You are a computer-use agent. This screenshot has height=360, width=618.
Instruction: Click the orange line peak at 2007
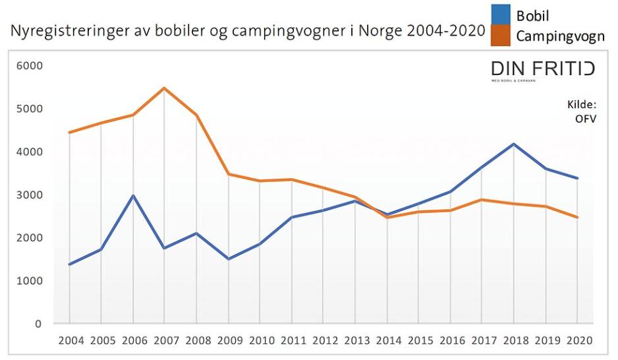pyautogui.click(x=165, y=88)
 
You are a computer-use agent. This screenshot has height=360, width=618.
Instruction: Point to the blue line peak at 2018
pyautogui.click(x=513, y=144)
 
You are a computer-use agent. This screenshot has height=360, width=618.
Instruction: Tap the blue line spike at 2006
pyautogui.click(x=133, y=196)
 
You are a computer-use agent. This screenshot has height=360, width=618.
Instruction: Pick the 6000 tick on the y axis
pyautogui.click(x=29, y=66)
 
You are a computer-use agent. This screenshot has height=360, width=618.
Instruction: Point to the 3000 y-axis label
pyautogui.click(x=29, y=195)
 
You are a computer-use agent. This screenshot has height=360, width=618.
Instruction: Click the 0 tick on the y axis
pyautogui.click(x=38, y=324)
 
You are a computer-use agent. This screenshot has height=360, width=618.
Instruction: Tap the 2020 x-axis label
pyautogui.click(x=578, y=341)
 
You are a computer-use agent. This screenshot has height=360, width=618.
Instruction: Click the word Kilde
pyautogui.click(x=581, y=105)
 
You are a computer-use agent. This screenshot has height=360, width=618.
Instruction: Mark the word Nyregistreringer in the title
pyautogui.click(x=58, y=32)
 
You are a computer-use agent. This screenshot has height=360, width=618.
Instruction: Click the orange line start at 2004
pyautogui.click(x=69, y=133)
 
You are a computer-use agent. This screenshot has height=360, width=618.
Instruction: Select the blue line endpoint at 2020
pyautogui.click(x=578, y=178)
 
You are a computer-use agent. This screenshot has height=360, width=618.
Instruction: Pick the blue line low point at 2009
pyautogui.click(x=228, y=259)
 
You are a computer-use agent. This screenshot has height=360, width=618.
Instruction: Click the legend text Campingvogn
pyautogui.click(x=560, y=36)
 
